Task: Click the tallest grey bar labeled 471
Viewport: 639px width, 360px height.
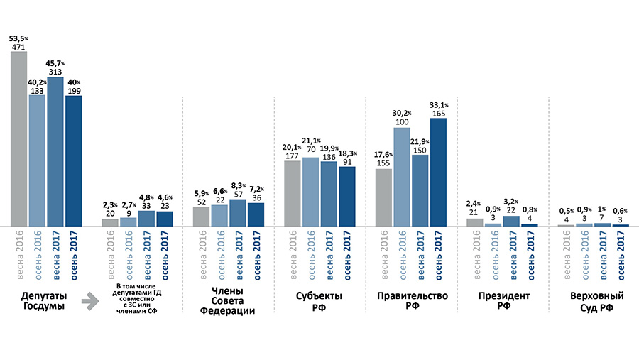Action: (19, 138)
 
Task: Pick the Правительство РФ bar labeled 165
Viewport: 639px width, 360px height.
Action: (438, 172)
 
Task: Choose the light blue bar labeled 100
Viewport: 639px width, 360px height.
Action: (402, 177)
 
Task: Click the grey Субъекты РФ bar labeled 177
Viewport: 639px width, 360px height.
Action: (293, 193)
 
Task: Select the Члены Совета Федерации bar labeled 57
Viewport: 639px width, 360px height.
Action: (238, 212)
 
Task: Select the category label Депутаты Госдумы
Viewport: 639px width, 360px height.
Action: (37, 300)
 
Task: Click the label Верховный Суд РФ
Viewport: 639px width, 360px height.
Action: (591, 300)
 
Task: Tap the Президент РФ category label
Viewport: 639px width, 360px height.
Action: (502, 300)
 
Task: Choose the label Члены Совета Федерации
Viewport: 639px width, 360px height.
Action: (228, 300)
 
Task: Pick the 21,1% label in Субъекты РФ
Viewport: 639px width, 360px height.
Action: (311, 140)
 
